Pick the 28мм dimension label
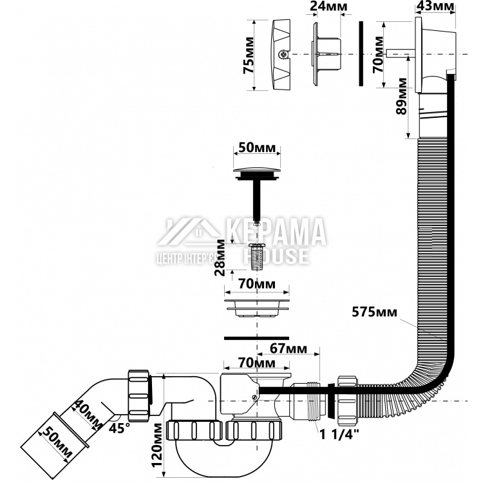[222, 256]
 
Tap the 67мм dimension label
[289, 350]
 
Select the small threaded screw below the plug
[256, 256]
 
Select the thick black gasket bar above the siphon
[256, 337]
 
